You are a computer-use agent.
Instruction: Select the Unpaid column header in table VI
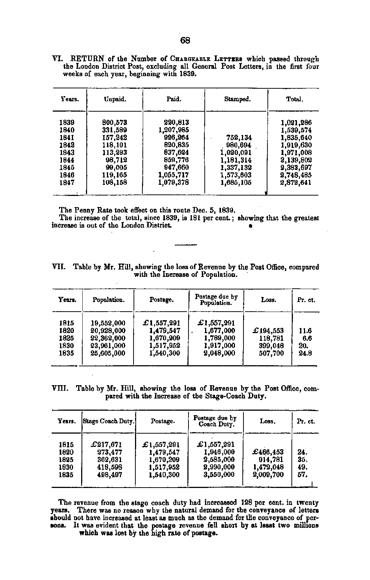click(115, 99)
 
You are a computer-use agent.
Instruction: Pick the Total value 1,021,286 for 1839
click(296, 122)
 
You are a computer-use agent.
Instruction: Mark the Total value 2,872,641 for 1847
click(296, 183)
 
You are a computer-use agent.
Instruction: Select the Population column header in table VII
click(108, 300)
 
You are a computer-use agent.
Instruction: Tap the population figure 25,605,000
click(108, 353)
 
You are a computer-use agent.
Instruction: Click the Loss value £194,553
click(268, 331)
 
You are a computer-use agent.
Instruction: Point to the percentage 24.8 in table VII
click(305, 353)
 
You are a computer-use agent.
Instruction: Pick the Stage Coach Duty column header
click(108, 421)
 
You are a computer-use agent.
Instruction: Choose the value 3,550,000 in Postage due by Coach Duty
click(219, 475)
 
